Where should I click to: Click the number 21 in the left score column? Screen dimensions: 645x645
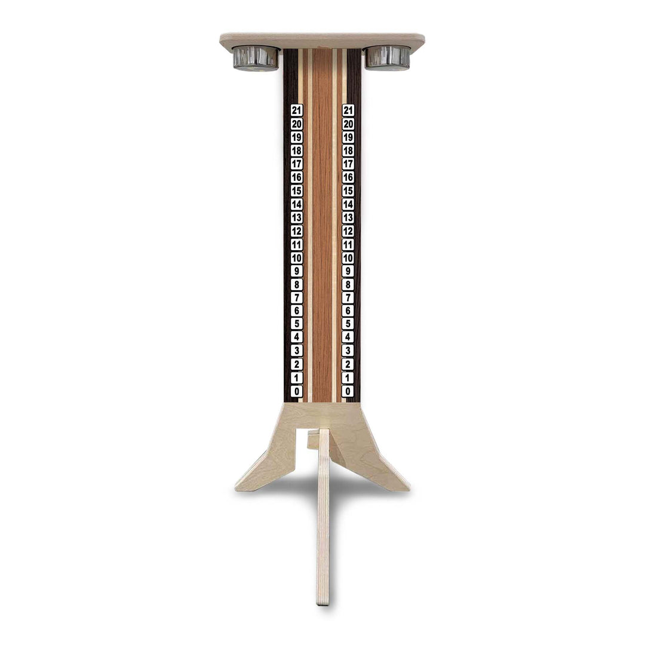[x=296, y=110]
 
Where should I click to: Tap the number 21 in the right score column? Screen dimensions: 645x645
[x=348, y=110]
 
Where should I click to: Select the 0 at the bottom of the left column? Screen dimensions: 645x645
[x=296, y=391]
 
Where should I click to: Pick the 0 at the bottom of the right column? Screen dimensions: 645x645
[x=348, y=391]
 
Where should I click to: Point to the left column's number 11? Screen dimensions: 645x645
[x=296, y=244]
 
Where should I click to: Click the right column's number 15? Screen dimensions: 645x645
[x=348, y=191]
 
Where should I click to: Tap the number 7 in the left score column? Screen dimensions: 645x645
[x=296, y=297]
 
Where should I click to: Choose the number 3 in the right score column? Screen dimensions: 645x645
[x=348, y=351]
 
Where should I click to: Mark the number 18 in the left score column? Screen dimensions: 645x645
[x=296, y=150]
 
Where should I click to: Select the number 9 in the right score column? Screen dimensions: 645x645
[x=348, y=271]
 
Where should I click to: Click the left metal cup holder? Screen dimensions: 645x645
[x=256, y=58]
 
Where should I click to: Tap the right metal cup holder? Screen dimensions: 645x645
[x=388, y=58]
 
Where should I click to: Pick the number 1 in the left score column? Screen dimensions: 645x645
[x=296, y=378]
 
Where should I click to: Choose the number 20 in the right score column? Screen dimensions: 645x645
[x=348, y=124]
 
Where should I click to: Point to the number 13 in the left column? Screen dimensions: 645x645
[x=296, y=217]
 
